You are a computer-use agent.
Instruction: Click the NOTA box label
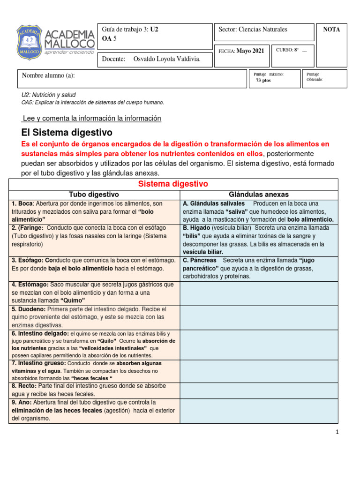pos(331,30)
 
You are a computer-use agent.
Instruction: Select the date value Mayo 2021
pos(251,51)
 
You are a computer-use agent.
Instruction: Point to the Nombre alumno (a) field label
pos(48,75)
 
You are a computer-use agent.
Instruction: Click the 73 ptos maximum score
pos(263,81)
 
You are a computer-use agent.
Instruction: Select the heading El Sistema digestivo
pos(67,133)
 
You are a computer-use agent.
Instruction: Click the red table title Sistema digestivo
pos(173,184)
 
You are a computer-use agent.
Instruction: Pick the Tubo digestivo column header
pos(94,194)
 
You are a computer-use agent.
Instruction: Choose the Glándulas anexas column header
pos(259,194)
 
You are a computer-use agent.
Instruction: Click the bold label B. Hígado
pos(195,228)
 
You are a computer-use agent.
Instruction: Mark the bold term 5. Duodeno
pos(28,309)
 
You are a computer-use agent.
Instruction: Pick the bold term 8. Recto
pos(22,386)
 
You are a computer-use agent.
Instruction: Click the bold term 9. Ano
pos(21,402)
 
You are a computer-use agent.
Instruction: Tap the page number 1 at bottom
pos(337,432)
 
